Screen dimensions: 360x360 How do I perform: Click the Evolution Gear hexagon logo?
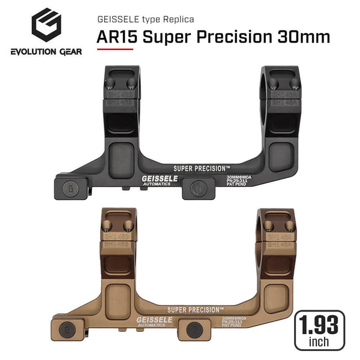click(46, 26)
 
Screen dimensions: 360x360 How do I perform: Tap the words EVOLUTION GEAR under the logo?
click(46, 52)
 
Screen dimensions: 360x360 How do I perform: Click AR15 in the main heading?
click(116, 37)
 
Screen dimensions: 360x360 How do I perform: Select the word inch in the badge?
click(320, 343)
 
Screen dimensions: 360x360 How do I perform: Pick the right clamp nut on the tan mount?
click(195, 329)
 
